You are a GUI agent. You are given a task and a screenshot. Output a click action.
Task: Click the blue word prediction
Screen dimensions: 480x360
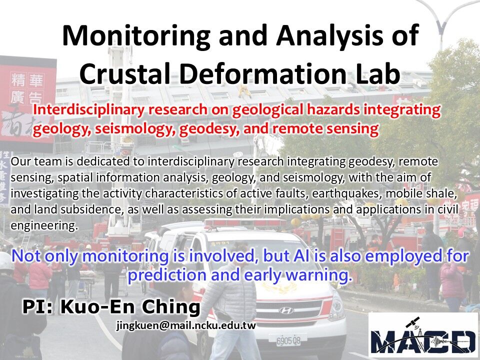pyautogui.click(x=167, y=275)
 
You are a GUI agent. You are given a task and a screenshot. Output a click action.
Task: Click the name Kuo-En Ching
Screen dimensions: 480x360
pyautogui.click(x=130, y=307)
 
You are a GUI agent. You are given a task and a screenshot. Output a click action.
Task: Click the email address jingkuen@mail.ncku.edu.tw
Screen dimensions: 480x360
pyautogui.click(x=186, y=325)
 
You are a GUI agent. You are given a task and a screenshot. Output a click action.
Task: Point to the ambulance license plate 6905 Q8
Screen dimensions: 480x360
pyautogui.click(x=288, y=340)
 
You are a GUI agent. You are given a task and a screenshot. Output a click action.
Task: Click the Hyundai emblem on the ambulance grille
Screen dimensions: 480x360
pyautogui.click(x=286, y=310)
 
